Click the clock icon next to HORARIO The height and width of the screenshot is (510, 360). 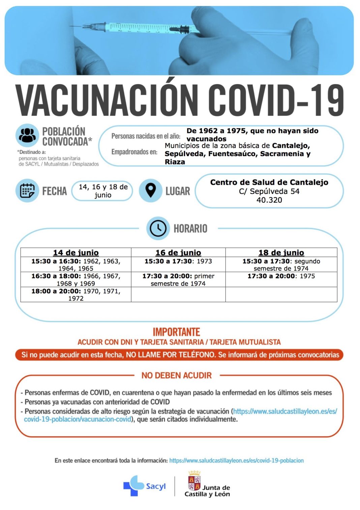pos(158,228)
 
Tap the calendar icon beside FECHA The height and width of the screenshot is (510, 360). pos(27,191)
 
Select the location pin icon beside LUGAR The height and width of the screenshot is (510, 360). pos(151,191)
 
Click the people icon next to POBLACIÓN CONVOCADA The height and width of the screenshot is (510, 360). pos(27,136)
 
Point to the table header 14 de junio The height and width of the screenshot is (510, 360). pos(76,253)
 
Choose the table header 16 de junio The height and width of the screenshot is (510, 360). pos(178,253)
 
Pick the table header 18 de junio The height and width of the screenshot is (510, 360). pos(281,253)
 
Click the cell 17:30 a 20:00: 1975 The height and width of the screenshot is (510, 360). pos(281,276)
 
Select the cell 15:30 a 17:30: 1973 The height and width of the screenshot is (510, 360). pos(178,261)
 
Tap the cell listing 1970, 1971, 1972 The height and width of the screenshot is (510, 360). pos(76,294)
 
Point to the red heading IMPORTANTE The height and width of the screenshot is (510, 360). pos(176,332)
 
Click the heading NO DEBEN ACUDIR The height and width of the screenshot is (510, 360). pos(177,375)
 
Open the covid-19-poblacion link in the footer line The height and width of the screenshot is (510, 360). pos(236,460)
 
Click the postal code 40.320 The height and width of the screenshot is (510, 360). pos(269,200)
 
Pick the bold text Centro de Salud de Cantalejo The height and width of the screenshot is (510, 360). pos(269,182)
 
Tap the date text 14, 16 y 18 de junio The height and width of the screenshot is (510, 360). pos(103,191)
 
